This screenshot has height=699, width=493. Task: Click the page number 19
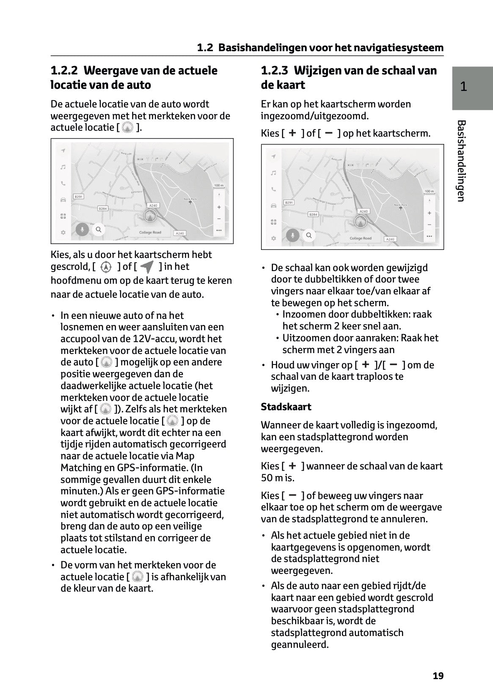[438, 676]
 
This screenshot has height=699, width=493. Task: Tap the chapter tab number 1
[464, 87]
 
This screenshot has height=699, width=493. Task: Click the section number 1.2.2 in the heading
[65, 71]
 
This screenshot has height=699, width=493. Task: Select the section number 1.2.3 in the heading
[275, 71]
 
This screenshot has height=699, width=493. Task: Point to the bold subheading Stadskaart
[286, 407]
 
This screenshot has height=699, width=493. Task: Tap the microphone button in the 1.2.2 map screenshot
[82, 230]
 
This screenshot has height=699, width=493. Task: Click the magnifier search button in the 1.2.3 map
[309, 235]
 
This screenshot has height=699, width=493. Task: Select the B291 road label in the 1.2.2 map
[79, 197]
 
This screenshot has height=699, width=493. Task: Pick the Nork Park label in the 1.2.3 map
[400, 205]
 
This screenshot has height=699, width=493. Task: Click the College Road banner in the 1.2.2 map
[150, 233]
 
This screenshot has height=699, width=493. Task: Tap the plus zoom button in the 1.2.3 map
[429, 213]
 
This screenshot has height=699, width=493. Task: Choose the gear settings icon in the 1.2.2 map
[63, 232]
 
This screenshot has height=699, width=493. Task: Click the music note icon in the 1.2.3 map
[273, 173]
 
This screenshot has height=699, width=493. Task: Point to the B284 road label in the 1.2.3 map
[313, 214]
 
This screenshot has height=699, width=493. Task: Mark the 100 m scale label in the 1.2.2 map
[218, 186]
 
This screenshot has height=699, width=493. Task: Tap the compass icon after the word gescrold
[106, 267]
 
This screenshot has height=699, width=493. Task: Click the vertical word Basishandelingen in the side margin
[461, 161]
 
